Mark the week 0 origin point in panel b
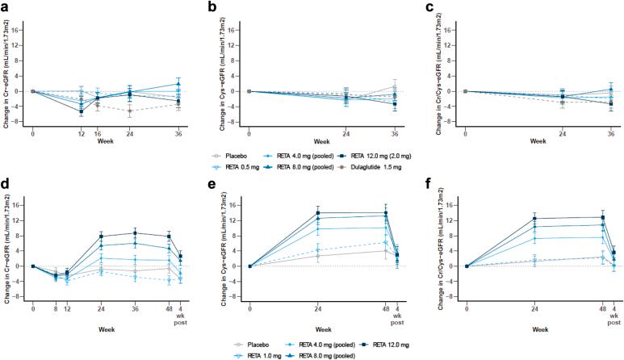(250, 91)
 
